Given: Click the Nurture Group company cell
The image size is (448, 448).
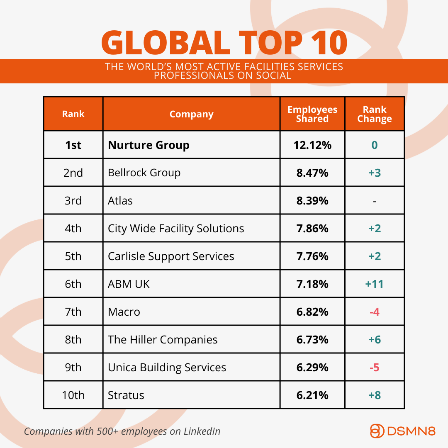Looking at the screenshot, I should [x=149, y=145].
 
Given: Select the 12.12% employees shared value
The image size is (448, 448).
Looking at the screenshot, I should [x=312, y=145].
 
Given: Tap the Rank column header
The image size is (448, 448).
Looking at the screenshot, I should [x=73, y=114].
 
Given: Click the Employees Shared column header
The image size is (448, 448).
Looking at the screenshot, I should [x=312, y=114].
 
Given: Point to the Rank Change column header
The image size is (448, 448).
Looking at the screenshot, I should [x=375, y=114].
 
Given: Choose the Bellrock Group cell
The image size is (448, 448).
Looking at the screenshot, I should [x=144, y=173].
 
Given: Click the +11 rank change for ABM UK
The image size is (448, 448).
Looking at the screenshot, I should [x=375, y=284].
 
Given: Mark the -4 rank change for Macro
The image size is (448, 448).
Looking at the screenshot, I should [x=375, y=312].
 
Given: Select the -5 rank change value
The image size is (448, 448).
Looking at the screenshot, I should [x=375, y=368].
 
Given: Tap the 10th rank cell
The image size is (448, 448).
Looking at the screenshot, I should [x=73, y=395].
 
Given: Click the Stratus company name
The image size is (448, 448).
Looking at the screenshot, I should [x=126, y=395].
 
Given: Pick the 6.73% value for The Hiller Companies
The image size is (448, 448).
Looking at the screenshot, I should [x=312, y=340].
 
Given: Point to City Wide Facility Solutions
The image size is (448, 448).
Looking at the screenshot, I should [x=176, y=229].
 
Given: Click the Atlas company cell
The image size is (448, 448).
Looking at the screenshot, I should [x=120, y=201].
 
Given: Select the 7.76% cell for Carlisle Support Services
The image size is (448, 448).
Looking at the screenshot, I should [x=312, y=256].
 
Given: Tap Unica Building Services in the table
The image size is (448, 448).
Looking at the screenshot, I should [x=167, y=368].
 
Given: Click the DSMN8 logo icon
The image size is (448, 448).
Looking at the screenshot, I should [x=377, y=431].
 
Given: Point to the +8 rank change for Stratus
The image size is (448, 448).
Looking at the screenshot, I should [x=375, y=395].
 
